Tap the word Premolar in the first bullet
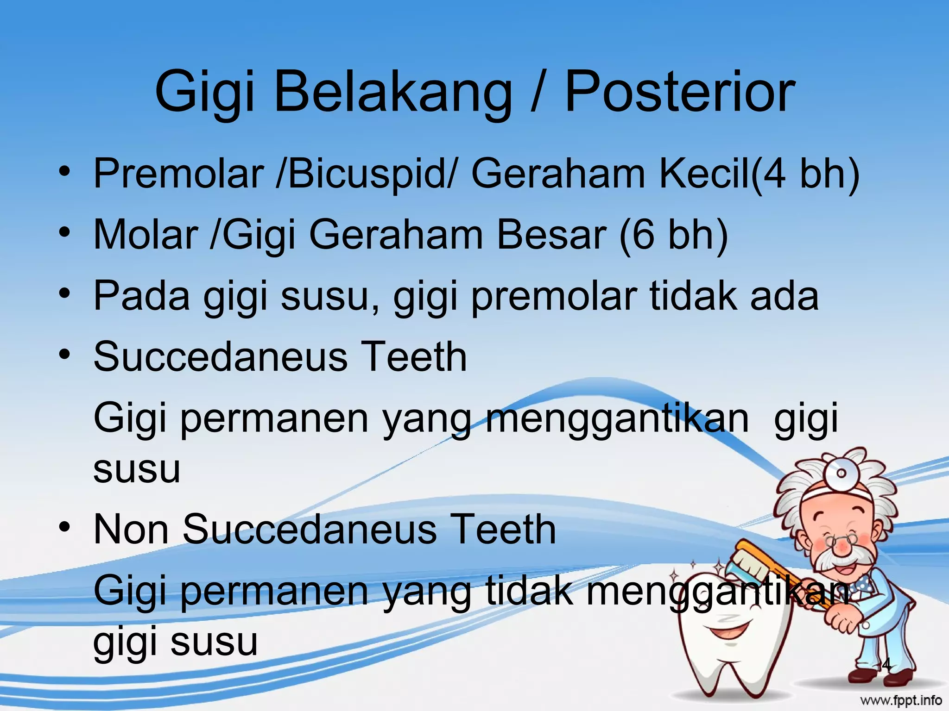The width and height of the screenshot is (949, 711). pos(178,174)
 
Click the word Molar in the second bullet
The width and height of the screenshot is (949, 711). pos(146,235)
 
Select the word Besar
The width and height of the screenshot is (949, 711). pos(551,235)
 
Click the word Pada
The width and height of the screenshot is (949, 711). pos(141,296)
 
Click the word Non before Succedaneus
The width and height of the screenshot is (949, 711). pos(131,530)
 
